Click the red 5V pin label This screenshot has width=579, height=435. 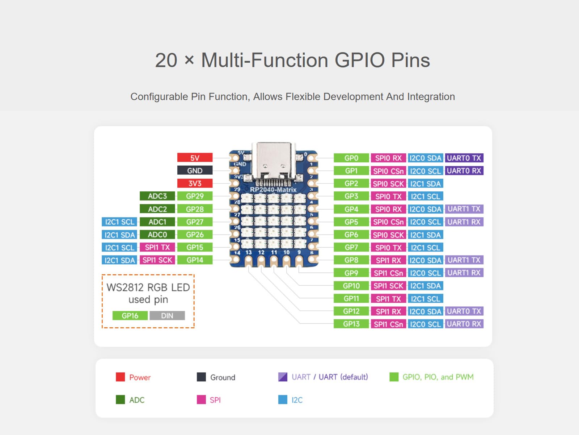click(195, 158)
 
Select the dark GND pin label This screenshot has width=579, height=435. click(195, 170)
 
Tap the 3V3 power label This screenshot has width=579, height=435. click(195, 183)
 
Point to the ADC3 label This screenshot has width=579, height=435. click(157, 196)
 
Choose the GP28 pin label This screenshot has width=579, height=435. click(195, 209)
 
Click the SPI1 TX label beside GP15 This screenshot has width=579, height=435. click(157, 247)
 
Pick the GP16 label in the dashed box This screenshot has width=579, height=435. click(130, 316)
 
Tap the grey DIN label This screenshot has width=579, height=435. click(167, 316)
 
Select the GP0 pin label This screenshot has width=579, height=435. click(351, 158)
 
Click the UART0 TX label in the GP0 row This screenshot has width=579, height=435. click(464, 158)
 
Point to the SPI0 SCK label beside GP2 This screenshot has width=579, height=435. click(388, 184)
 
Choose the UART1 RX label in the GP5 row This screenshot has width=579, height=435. click(464, 222)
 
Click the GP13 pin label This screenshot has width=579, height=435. click(351, 324)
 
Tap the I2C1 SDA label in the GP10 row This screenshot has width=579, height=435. click(425, 286)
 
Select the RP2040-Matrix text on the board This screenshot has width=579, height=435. click(273, 190)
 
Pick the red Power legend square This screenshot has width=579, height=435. click(120, 377)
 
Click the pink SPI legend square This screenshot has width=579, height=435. click(201, 399)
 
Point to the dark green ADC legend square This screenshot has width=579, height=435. click(120, 399)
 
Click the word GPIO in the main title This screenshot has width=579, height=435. click(359, 60)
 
